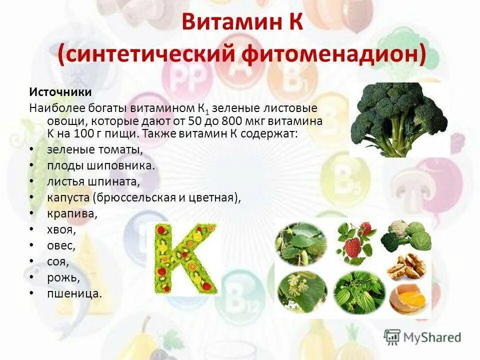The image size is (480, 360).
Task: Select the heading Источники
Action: (60, 92)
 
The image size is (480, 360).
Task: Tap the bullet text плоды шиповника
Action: (101, 165)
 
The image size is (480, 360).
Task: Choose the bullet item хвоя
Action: (61, 229)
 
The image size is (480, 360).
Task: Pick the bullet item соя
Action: (58, 261)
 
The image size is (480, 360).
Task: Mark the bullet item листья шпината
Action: (93, 181)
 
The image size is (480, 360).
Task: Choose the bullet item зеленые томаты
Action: (95, 149)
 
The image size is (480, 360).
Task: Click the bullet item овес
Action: (61, 245)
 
